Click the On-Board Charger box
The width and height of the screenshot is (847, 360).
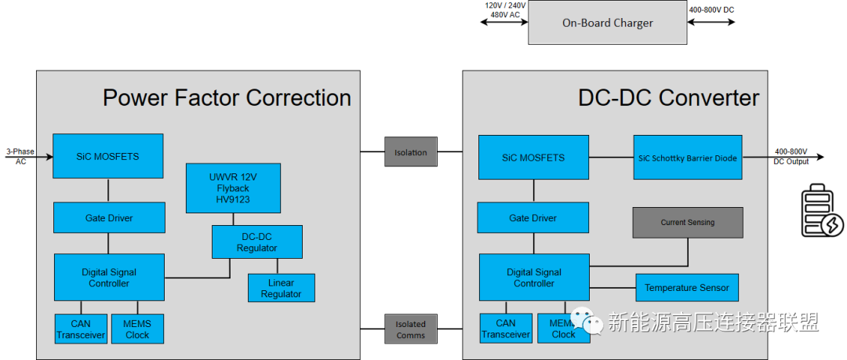pyautogui.click(x=607, y=23)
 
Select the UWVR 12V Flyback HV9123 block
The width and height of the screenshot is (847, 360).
pyautogui.click(x=233, y=187)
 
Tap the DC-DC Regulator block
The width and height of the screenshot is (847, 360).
pyautogui.click(x=257, y=242)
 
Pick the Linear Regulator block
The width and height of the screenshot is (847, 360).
pyautogui.click(x=281, y=288)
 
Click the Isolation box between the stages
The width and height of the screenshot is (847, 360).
pyautogui.click(x=410, y=152)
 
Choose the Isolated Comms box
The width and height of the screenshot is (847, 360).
pyautogui.click(x=410, y=329)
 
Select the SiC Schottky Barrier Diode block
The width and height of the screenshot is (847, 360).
pyautogui.click(x=688, y=158)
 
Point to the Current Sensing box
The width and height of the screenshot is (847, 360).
pyautogui.click(x=687, y=222)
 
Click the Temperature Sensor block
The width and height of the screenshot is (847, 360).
pyautogui.click(x=686, y=288)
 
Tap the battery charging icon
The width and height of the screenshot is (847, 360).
pyautogui.click(x=822, y=213)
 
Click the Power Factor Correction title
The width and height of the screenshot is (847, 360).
pyautogui.click(x=227, y=98)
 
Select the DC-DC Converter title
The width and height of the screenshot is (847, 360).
pyautogui.click(x=668, y=98)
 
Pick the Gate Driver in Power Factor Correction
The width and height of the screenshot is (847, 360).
pyautogui.click(x=109, y=217)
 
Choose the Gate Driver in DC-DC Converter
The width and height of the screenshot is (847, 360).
pyautogui.click(x=533, y=217)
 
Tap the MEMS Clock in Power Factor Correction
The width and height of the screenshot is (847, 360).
pyautogui.click(x=137, y=329)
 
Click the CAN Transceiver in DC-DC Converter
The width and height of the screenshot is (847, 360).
pyautogui.click(x=506, y=329)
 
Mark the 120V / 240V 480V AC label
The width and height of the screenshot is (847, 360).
pyautogui.click(x=504, y=9)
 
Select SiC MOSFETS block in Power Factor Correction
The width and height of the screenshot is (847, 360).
pyautogui.click(x=107, y=156)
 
